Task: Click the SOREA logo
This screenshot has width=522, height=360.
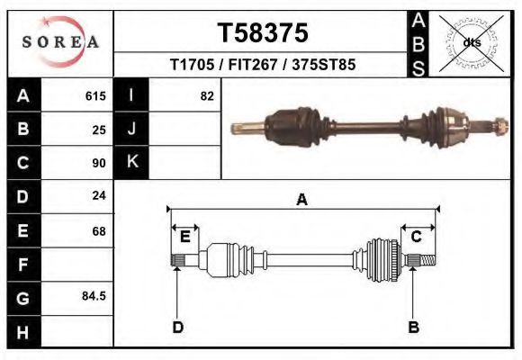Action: click(x=59, y=42)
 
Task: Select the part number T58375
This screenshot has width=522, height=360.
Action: click(x=263, y=33)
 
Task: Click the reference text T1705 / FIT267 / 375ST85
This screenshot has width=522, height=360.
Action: click(x=262, y=65)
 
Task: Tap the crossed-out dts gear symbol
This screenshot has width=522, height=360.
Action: click(x=472, y=42)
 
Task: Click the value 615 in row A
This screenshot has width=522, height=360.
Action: click(x=95, y=95)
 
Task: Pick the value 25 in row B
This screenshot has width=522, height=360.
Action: click(x=99, y=130)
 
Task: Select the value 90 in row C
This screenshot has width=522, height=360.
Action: click(x=99, y=164)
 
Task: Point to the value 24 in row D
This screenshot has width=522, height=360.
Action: click(x=99, y=196)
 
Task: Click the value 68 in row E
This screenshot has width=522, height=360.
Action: click(x=99, y=231)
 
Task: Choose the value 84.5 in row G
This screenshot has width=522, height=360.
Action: click(x=94, y=296)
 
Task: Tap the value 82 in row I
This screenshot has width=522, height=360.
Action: click(x=207, y=95)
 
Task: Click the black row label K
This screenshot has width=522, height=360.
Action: click(x=131, y=162)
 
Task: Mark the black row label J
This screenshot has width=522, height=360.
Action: click(x=131, y=129)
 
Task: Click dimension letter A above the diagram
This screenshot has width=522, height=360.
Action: click(x=302, y=200)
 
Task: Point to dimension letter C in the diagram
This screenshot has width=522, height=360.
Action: click(x=417, y=237)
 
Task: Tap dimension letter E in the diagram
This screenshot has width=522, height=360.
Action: click(x=184, y=237)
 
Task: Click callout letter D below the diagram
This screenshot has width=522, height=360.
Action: click(x=178, y=328)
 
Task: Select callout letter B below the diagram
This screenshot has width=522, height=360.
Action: click(x=414, y=328)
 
